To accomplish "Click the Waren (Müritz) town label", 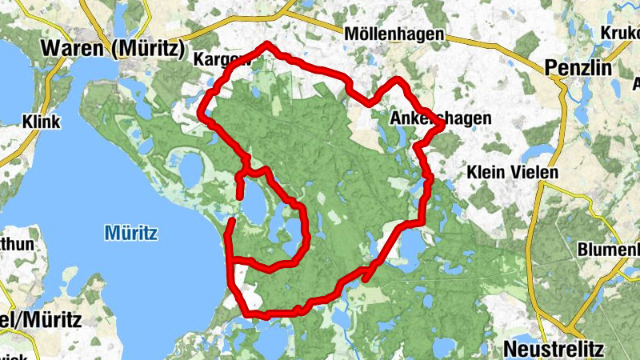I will (112, 47).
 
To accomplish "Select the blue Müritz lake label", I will (130, 234).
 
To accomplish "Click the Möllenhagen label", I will (394, 35).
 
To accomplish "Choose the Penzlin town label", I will (578, 67).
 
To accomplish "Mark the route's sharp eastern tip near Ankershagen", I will (442, 124).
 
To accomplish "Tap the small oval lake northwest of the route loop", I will (191, 168).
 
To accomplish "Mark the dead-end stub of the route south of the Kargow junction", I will (240, 190).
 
